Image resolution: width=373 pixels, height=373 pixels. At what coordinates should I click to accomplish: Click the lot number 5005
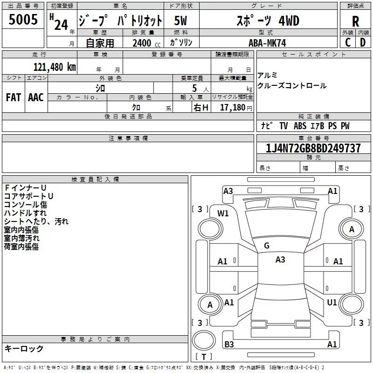pyautogui.click(x=23, y=20)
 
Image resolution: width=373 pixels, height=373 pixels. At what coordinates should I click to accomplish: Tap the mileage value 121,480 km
pyautogui.click(x=55, y=67)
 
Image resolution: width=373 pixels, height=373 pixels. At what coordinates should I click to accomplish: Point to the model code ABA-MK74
pyautogui.click(x=267, y=43)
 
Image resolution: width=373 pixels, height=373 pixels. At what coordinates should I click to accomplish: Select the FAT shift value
pyautogui.click(x=13, y=97)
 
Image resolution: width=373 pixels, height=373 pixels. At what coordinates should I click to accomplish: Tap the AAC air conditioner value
pyautogui.click(x=36, y=97)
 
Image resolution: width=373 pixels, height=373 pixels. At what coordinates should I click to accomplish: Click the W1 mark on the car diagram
pyautogui.click(x=223, y=214)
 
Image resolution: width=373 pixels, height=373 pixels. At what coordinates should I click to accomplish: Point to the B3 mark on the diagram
pyautogui.click(x=229, y=345)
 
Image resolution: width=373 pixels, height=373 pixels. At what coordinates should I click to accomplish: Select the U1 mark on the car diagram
pyautogui.click(x=332, y=303)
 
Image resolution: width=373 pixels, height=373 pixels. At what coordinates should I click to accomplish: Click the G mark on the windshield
pyautogui.click(x=267, y=246)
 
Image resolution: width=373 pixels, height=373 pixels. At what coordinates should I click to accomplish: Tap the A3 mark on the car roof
pyautogui.click(x=280, y=260)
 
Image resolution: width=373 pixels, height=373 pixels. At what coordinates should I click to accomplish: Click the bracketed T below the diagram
pyautogui.click(x=204, y=357)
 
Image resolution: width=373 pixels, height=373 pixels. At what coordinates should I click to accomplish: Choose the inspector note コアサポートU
pyautogui.click(x=28, y=196)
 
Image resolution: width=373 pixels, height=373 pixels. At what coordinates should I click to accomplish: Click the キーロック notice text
pyautogui.click(x=24, y=348)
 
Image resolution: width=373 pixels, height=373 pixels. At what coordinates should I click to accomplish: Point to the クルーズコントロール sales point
pyautogui.click(x=292, y=86)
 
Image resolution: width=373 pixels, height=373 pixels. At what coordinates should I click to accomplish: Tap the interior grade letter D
pyautogui.click(x=363, y=42)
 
